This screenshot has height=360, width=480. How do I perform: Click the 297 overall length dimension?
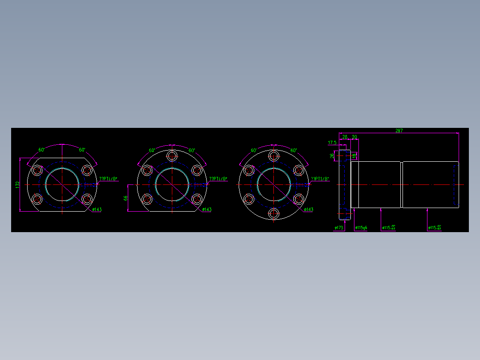(399, 131)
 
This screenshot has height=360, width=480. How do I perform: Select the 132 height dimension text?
(17, 184)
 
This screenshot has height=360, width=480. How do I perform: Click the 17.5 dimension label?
(332, 143)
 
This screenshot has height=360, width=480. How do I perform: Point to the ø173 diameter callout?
(339, 228)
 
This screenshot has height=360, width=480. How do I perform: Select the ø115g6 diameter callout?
(361, 228)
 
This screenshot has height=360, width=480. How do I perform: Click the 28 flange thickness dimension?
(345, 137)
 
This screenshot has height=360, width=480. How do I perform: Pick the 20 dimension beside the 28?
(354, 137)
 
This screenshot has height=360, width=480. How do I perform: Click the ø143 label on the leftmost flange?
(97, 209)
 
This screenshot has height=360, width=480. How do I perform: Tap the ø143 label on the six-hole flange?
(308, 209)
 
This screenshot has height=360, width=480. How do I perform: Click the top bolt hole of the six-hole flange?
(273, 155)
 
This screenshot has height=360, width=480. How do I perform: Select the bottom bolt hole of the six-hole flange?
(273, 214)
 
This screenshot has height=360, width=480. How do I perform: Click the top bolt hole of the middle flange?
(172, 156)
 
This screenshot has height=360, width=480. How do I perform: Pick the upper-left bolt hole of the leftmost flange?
(37, 170)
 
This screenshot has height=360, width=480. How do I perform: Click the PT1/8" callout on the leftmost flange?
(108, 179)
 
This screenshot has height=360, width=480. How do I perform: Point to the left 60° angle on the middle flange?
(152, 150)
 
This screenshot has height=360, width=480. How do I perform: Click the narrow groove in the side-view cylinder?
(402, 184)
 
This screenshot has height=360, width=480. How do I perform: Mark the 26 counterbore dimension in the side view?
(332, 156)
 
